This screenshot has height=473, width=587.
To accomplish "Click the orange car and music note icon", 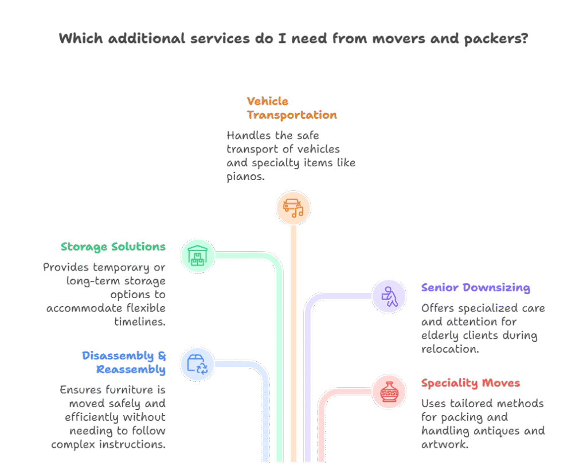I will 293,208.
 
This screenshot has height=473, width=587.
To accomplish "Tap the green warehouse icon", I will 198,256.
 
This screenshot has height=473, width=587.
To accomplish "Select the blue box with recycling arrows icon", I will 198,364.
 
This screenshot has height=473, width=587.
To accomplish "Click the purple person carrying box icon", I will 389,296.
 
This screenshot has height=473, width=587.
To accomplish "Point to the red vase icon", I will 389,392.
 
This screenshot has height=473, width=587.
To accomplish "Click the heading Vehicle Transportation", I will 292,108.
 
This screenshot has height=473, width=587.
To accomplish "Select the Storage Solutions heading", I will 113,247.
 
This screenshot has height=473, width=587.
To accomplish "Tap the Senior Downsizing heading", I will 475,288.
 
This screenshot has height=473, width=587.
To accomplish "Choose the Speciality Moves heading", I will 470,383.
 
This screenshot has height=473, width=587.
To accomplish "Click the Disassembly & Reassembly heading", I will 124,363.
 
